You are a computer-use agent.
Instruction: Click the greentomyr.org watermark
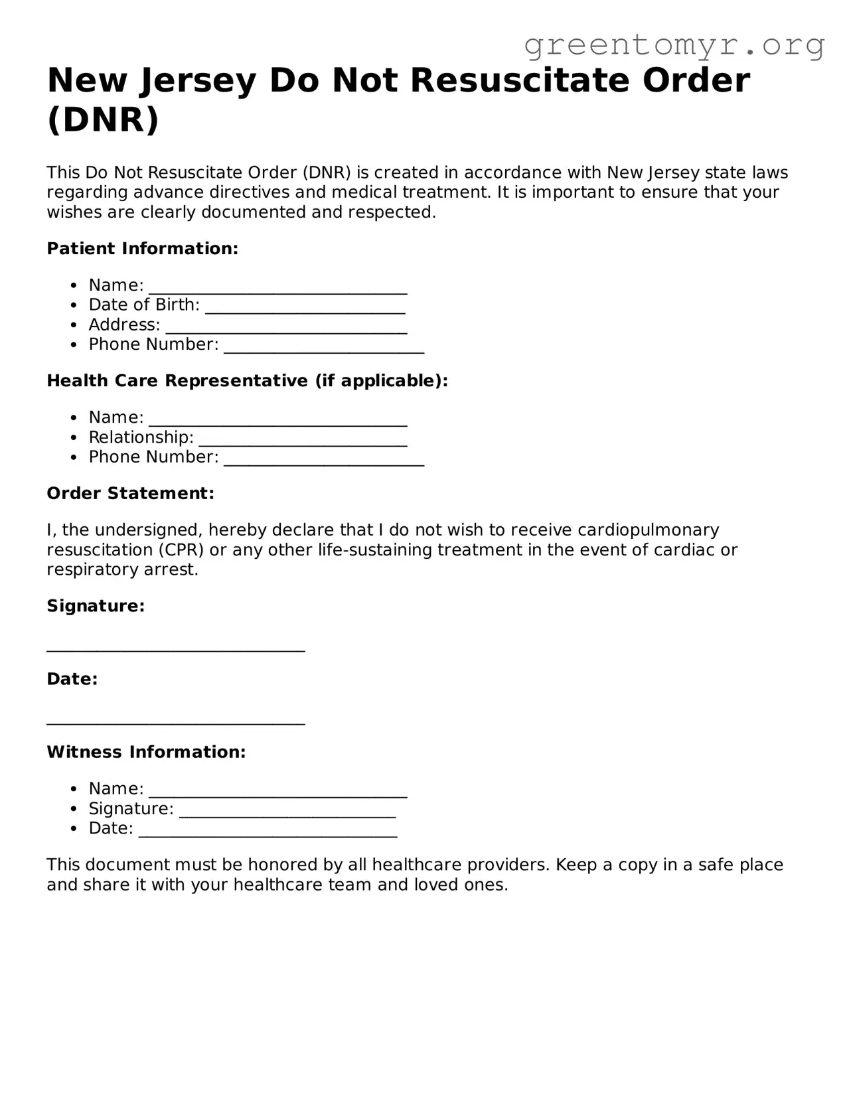(674, 45)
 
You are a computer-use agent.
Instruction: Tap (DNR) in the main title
(103, 119)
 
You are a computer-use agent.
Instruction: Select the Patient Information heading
(142, 249)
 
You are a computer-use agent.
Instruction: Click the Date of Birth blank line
(305, 307)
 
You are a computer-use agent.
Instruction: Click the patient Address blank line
(286, 327)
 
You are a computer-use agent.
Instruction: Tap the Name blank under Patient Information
(277, 287)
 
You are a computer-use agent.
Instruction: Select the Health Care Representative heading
(247, 381)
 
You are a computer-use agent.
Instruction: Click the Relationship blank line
(303, 439)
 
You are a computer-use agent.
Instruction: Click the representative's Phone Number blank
(324, 459)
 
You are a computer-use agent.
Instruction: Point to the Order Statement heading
(130, 494)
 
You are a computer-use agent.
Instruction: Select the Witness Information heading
(146, 753)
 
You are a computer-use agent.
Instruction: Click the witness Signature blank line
(287, 810)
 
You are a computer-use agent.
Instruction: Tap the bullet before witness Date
(74, 829)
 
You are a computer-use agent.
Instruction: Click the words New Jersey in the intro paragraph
(653, 173)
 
